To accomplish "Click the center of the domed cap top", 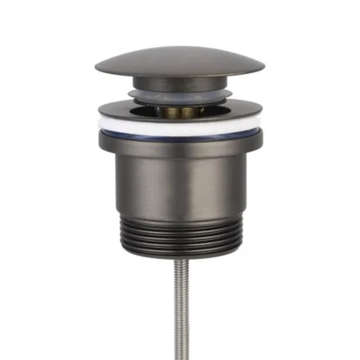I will [x=180, y=60].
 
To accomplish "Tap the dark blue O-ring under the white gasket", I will [x=180, y=137].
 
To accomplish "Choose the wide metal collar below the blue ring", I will [x=180, y=147].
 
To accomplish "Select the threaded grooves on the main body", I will [x=180, y=234].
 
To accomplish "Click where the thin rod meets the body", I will [x=181, y=260].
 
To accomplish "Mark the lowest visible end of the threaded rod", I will [x=181, y=358].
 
